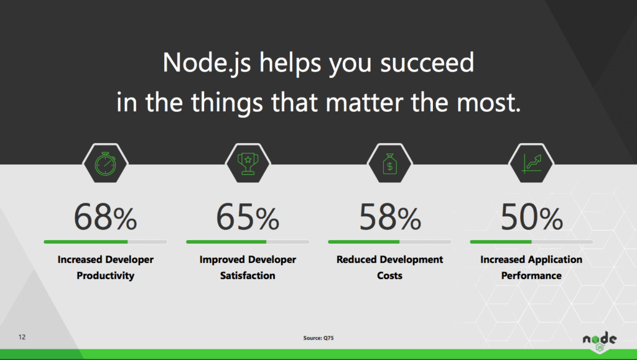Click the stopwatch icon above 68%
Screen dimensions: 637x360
(x=105, y=164)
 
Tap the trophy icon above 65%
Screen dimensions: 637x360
(x=248, y=164)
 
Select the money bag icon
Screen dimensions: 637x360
(x=389, y=164)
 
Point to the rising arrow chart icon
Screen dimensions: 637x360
(x=532, y=164)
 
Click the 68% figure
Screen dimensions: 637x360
(x=105, y=217)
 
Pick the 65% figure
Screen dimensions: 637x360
(x=248, y=217)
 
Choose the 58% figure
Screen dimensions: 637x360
(x=389, y=217)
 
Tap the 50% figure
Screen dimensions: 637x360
(x=531, y=217)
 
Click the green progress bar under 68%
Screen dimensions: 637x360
(x=86, y=242)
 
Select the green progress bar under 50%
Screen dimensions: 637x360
(x=501, y=242)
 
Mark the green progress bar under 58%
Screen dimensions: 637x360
(x=363, y=242)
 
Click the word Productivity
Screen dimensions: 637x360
(x=105, y=275)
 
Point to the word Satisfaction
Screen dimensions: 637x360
(x=248, y=275)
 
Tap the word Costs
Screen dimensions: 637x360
(x=389, y=275)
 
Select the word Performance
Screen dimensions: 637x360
(x=531, y=275)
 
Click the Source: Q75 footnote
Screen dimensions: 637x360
(x=318, y=338)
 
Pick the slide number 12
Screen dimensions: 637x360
(x=22, y=337)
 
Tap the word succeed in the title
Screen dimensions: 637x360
(x=427, y=63)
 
